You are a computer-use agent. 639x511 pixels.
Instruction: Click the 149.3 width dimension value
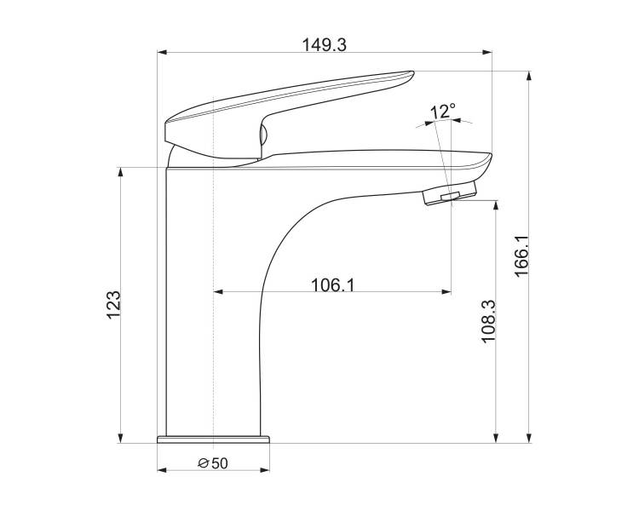(x=324, y=45)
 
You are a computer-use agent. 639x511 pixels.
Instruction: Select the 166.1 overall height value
(x=521, y=256)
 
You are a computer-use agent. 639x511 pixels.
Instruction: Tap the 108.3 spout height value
(x=489, y=322)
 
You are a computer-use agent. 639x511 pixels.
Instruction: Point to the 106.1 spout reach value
(x=332, y=284)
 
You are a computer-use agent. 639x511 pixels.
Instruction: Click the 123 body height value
(x=113, y=305)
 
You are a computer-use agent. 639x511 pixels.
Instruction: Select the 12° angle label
(x=443, y=112)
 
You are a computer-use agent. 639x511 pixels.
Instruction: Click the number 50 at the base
(x=220, y=463)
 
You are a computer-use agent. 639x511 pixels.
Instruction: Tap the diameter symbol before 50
(x=204, y=463)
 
